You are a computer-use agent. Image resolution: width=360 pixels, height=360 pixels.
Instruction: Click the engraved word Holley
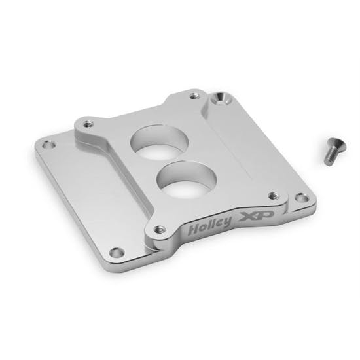click(209, 225)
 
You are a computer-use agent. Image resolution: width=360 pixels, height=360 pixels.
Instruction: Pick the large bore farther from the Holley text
click(156, 142)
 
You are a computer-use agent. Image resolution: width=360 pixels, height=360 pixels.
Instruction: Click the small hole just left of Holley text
click(157, 229)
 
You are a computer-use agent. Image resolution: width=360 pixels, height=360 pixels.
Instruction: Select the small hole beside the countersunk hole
click(193, 96)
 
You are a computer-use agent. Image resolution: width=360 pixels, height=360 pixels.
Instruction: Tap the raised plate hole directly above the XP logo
click(272, 194)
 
